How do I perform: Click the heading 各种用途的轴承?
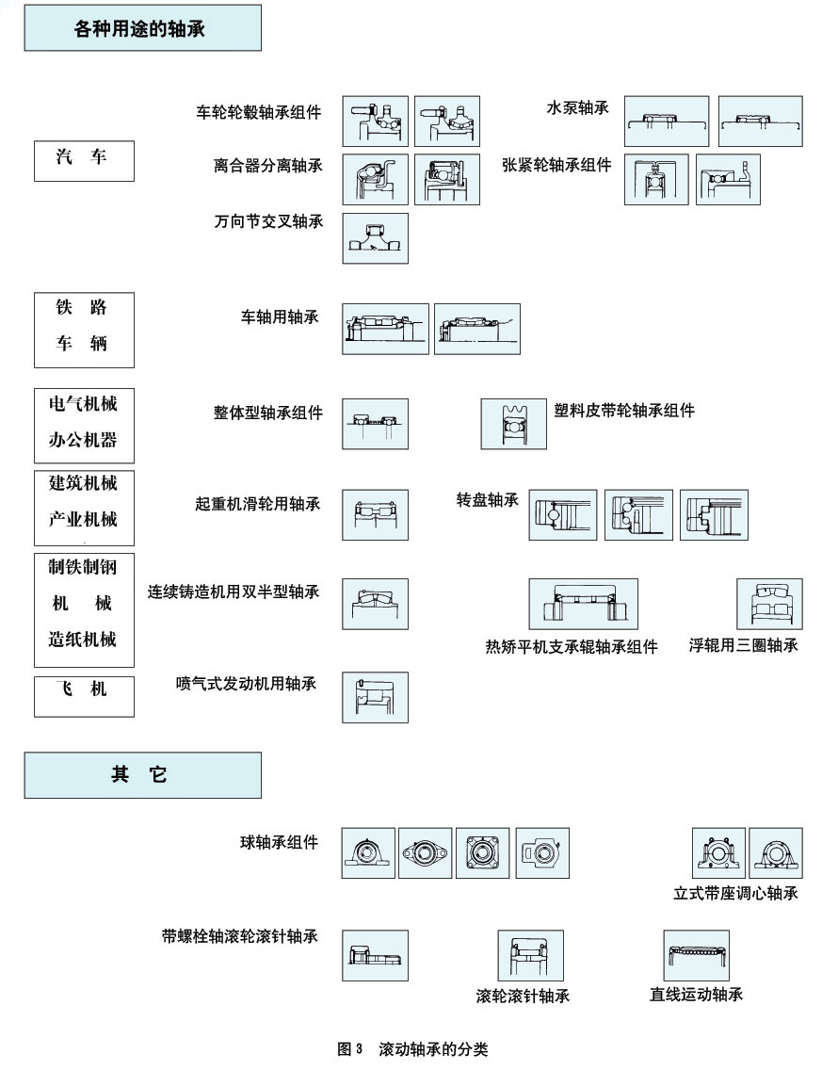coord(142,29)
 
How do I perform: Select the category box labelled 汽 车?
coord(84,161)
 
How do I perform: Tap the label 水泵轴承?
coord(577,108)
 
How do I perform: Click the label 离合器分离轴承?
coord(267,167)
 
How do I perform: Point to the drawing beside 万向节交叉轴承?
coord(375,238)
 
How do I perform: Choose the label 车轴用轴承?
coord(280,317)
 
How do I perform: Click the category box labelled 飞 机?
coord(84,697)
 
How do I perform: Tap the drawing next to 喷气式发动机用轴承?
coord(375,697)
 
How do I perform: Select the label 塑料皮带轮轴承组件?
coord(625,412)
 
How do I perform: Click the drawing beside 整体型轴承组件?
coord(375,423)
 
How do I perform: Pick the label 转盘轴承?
coord(487,500)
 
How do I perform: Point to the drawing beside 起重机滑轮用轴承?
coord(375,514)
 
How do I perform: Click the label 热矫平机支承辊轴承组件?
coord(571,647)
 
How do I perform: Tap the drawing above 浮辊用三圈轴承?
coord(769,603)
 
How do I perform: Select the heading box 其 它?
coord(142,774)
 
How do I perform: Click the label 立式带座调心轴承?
coord(735,893)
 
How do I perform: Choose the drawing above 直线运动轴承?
coord(696,955)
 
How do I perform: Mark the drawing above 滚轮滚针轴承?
coord(530,955)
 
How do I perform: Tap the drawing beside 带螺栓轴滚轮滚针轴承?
coord(375,955)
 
